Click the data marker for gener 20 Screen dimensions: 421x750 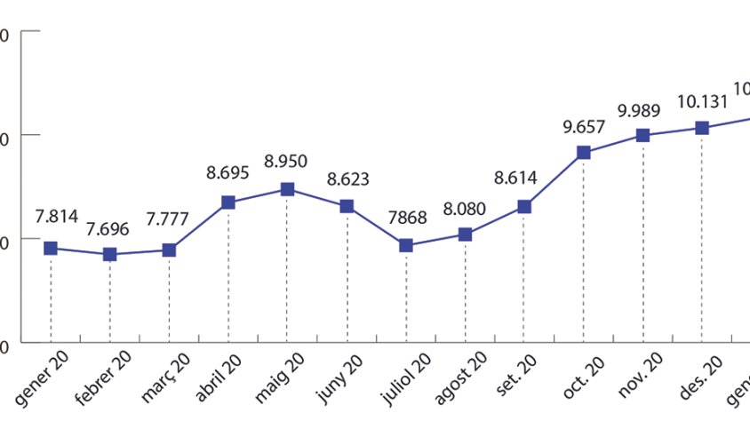[51, 248]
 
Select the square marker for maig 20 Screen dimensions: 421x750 [287, 189]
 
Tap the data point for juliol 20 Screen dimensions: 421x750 [406, 245]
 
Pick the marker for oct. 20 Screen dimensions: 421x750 [584, 153]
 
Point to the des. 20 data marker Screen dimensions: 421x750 [702, 128]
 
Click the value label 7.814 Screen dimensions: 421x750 [57, 216]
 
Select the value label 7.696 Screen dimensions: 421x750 [108, 229]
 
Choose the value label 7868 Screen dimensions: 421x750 [406, 218]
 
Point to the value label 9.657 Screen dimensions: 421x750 [583, 126]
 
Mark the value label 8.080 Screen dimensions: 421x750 [465, 210]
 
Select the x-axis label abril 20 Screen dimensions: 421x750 [222, 377]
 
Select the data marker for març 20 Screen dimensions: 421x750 [169, 250]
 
